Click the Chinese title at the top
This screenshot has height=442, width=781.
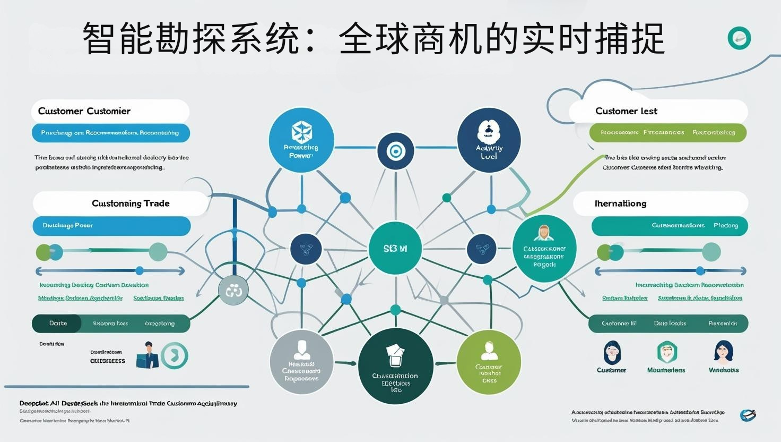pos(374,38)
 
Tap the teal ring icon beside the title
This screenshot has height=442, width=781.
pos(739,38)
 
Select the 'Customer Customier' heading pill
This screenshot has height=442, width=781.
pos(110,111)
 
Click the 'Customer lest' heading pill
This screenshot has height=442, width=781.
pos(658,111)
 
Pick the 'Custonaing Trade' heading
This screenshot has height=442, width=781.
pos(121,203)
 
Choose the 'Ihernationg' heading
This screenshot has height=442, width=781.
pos(661,203)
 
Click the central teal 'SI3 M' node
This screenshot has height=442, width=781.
pos(395,248)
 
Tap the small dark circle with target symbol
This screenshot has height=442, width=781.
pos(395,151)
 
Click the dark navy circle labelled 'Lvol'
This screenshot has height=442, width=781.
pos(489,140)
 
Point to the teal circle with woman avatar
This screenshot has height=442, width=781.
pos(544,248)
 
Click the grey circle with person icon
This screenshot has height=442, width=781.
pos(301,362)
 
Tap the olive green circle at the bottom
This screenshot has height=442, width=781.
pos(488,362)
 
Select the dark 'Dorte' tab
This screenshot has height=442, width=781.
pos(57,324)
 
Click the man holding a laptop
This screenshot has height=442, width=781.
pos(147,355)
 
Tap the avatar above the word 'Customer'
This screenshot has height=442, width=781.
pos(612,352)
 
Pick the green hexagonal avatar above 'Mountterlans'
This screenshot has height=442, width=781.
pos(666,352)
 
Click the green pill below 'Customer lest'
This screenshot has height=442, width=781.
pos(667,133)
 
